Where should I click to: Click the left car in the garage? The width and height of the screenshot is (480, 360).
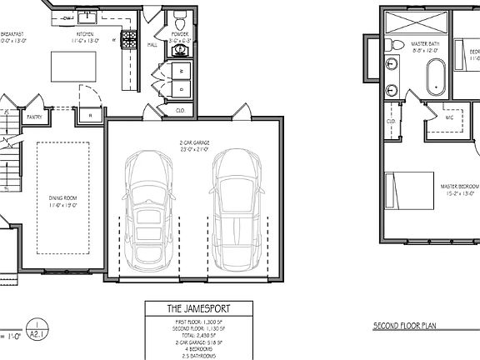149,208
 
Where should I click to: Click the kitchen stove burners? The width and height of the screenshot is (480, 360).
130,39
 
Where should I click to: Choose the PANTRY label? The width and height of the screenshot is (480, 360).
34,117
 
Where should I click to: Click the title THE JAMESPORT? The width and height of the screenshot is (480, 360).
197,309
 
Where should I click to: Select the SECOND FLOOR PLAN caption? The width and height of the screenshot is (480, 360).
408,323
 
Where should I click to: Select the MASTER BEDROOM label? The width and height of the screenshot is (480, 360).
460,186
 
